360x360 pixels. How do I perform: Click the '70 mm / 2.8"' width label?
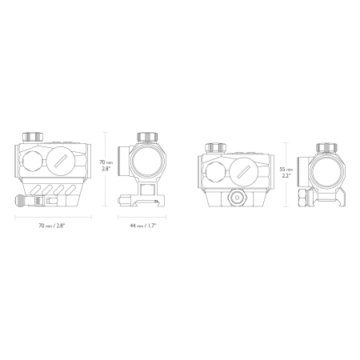(x=52, y=226)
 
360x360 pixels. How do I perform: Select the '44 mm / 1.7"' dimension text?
(x=143, y=226)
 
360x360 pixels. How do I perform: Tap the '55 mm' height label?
(x=286, y=169)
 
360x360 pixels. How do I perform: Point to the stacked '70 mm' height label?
(x=106, y=162)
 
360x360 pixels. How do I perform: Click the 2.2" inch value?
(x=286, y=175)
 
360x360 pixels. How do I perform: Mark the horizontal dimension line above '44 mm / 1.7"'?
(x=142, y=218)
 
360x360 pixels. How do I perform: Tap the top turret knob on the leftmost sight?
(x=33, y=137)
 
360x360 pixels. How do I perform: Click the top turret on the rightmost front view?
(x=326, y=147)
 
